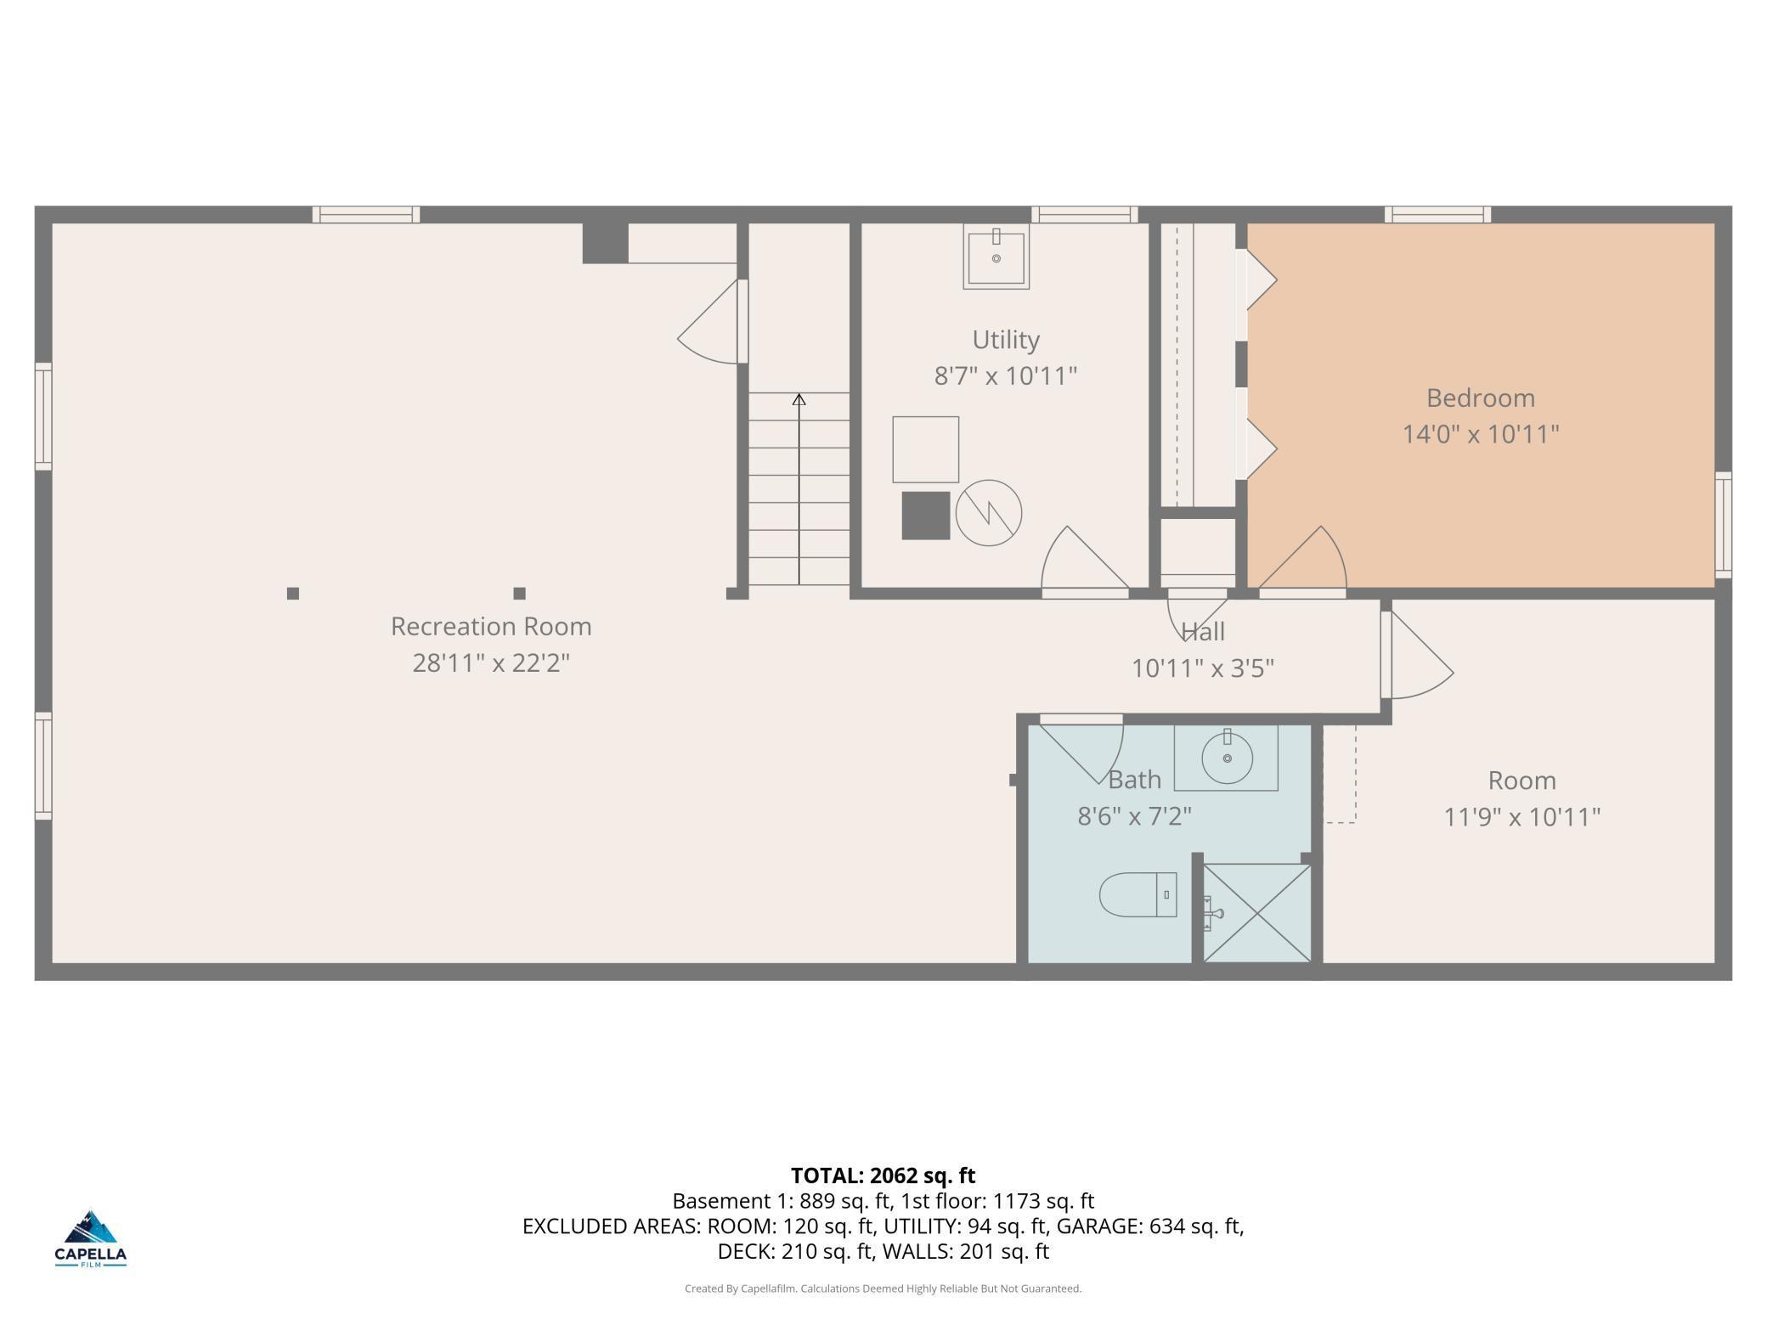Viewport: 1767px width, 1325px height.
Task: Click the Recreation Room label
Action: pos(491,627)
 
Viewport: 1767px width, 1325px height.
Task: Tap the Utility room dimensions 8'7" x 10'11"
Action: pos(1006,375)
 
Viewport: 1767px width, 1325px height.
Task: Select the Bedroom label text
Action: pos(1481,397)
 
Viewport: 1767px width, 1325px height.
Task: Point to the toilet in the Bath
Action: pos(1138,894)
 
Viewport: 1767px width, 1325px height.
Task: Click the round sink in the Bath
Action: pos(1227,758)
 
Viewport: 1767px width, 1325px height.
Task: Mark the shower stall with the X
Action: pos(1257,913)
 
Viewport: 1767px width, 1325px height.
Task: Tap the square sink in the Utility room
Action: pos(996,256)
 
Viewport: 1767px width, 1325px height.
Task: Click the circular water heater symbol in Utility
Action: pos(989,513)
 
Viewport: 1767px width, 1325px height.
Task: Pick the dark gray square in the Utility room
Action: pos(926,516)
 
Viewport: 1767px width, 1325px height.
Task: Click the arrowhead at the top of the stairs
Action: pos(799,398)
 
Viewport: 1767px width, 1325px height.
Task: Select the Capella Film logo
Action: pos(91,1239)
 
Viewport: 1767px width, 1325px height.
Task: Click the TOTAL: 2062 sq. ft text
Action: pos(883,1176)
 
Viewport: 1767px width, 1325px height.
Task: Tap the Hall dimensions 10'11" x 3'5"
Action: pos(1203,668)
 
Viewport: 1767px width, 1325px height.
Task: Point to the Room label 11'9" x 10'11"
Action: pos(1522,817)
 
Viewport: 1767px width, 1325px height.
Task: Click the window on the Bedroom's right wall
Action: pos(1724,525)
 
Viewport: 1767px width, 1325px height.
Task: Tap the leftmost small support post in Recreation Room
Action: pos(293,594)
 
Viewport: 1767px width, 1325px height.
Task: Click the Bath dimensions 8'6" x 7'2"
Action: pos(1135,816)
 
